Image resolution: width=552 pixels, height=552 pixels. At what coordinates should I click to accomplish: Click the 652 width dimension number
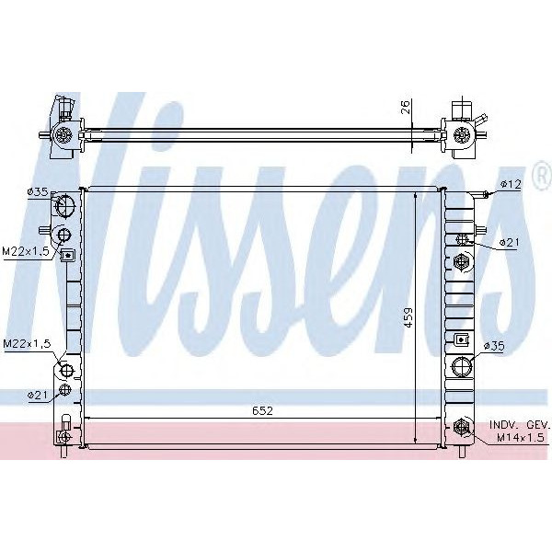(x=262, y=410)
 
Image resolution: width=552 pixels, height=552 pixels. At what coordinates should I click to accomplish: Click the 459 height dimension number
(x=408, y=317)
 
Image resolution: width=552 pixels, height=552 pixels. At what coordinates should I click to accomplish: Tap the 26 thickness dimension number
(x=405, y=107)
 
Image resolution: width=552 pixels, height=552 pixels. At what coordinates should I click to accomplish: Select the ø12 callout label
(x=511, y=184)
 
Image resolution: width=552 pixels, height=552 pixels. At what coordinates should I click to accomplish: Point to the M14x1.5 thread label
(x=521, y=437)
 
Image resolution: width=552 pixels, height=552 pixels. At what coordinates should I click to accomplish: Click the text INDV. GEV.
(x=519, y=424)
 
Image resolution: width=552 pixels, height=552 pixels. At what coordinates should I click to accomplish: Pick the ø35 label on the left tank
(x=38, y=192)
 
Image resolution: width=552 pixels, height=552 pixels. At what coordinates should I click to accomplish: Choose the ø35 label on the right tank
(x=494, y=346)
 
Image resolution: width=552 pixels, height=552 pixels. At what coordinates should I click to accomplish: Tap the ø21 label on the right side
(x=510, y=242)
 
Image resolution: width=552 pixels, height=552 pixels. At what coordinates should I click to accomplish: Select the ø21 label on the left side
(x=38, y=395)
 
